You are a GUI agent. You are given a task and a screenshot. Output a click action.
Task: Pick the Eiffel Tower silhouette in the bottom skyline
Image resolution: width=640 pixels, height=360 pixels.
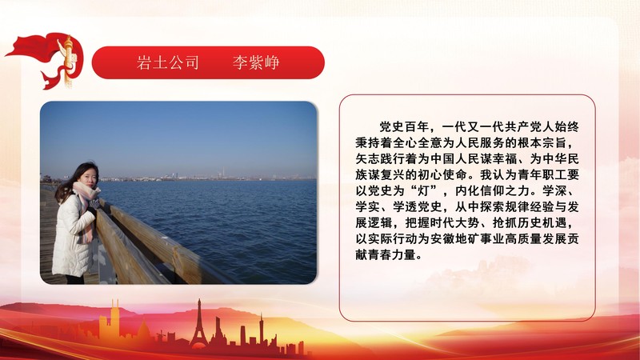(198, 324)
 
